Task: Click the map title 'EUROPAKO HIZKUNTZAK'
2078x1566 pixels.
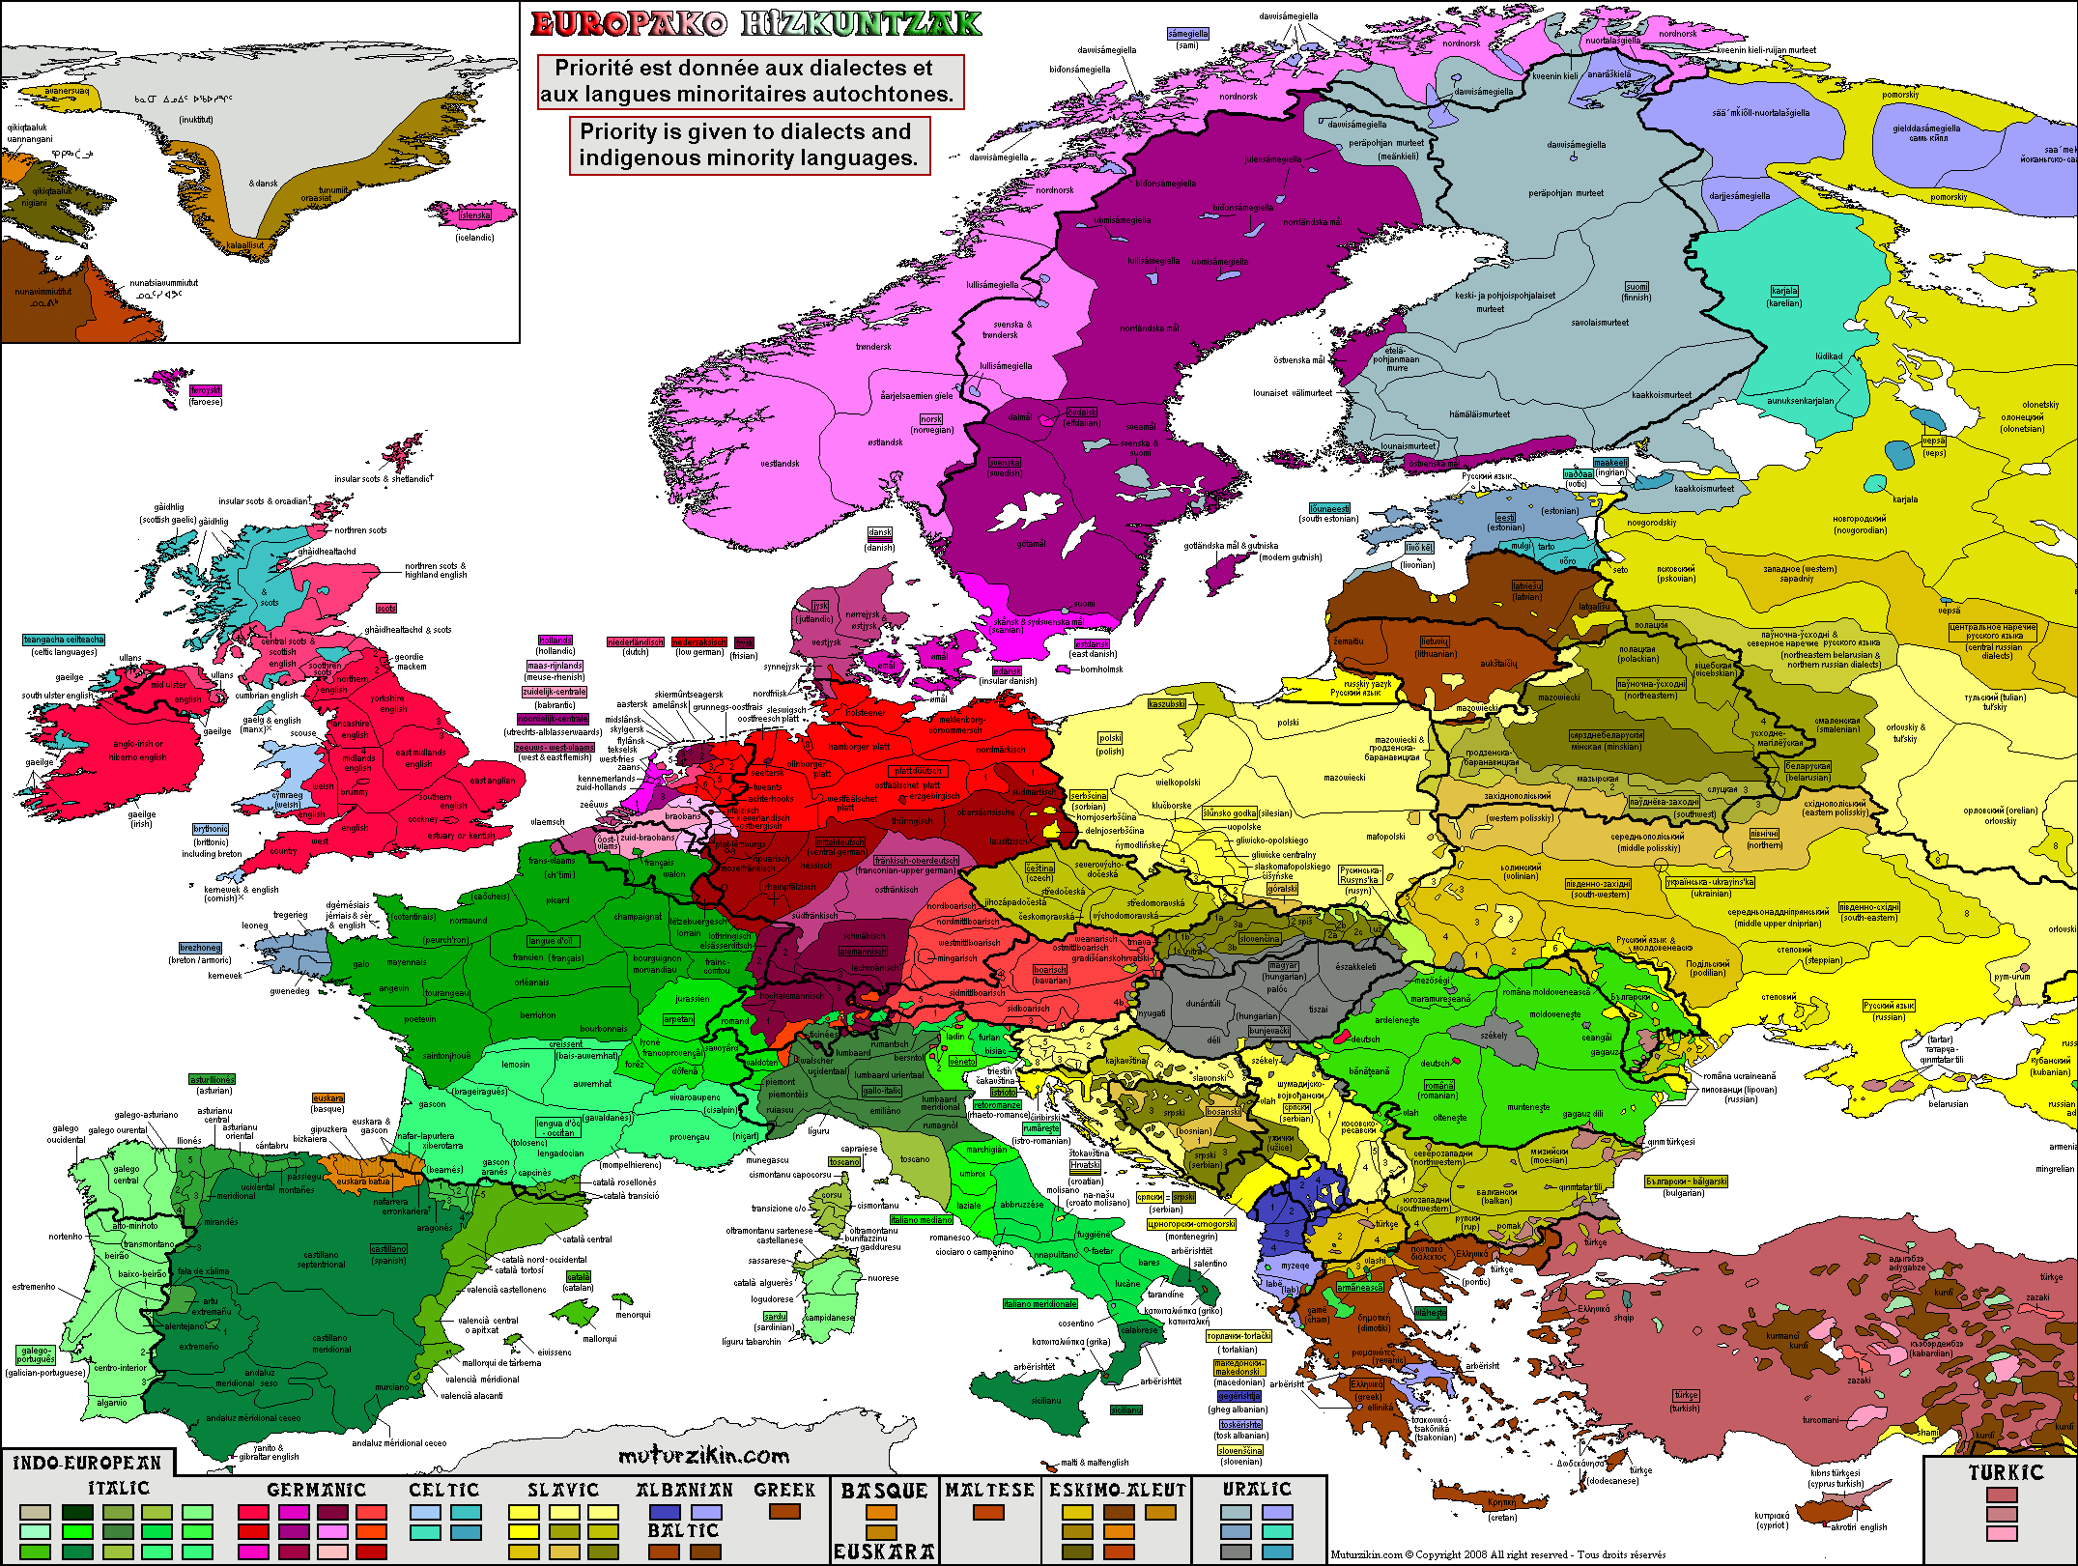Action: (x=755, y=24)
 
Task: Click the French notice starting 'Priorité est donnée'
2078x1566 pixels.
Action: (x=751, y=81)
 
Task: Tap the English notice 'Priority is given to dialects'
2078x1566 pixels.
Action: (x=749, y=145)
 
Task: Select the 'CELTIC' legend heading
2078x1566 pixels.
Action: (x=443, y=1491)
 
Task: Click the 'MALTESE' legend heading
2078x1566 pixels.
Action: (x=989, y=1491)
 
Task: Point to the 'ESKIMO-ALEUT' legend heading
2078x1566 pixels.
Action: (x=1118, y=1491)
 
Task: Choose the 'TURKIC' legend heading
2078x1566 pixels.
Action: (x=2007, y=1473)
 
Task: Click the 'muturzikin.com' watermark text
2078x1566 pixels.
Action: (x=703, y=1456)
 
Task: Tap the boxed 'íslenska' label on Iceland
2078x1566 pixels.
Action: (x=474, y=215)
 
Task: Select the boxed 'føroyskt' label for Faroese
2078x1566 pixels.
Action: (x=205, y=390)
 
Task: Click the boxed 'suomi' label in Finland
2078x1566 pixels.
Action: (x=1637, y=287)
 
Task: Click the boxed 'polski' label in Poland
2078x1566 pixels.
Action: (x=1110, y=738)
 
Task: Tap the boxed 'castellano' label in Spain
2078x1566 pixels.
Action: (x=388, y=1248)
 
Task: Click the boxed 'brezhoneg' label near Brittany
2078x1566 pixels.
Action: (x=200, y=948)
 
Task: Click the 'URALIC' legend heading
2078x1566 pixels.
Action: (x=1257, y=1490)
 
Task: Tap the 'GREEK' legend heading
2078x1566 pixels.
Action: (x=784, y=1490)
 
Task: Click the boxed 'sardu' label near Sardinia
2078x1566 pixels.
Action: (x=775, y=1317)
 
